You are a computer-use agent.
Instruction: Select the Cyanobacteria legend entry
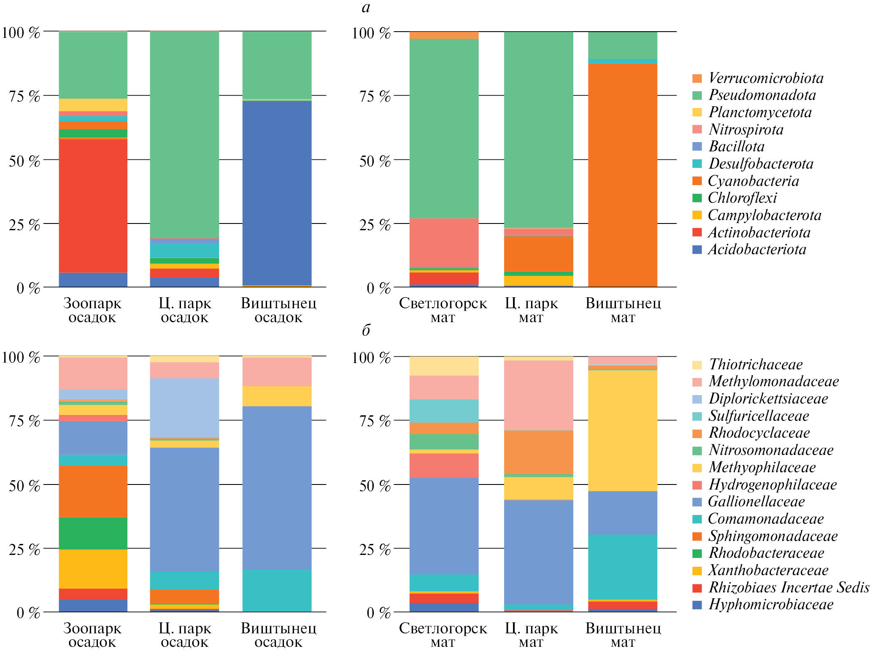[753, 181]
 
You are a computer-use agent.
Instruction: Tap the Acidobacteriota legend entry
[757, 249]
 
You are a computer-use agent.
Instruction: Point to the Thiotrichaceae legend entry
[755, 364]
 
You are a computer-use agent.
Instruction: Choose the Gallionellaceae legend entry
[756, 501]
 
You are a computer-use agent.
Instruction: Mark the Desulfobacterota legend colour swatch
[697, 164]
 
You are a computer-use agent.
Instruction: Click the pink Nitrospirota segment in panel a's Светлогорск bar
[444, 242]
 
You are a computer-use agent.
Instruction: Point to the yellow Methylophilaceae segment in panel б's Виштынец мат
[623, 431]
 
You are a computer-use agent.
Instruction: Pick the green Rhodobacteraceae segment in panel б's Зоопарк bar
[93, 533]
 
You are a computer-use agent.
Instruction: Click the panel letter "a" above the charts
[366, 7]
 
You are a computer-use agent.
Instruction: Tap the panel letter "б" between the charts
[366, 330]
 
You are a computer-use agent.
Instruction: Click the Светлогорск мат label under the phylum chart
[443, 310]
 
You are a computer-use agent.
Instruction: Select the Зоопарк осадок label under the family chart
[92, 635]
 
